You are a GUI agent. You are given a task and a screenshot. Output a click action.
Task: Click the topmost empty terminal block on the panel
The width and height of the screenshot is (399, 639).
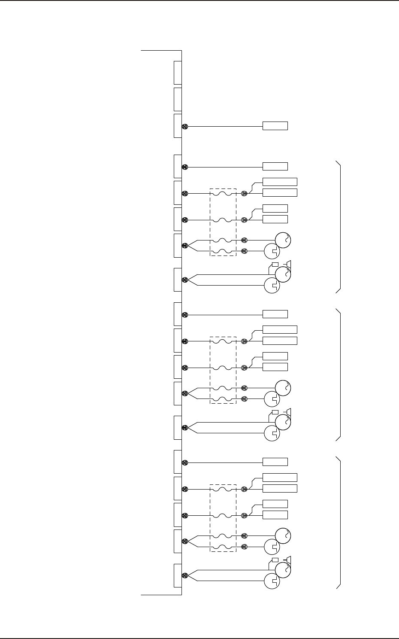click(178, 73)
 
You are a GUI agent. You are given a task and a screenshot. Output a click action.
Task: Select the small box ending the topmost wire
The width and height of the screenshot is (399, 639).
click(275, 126)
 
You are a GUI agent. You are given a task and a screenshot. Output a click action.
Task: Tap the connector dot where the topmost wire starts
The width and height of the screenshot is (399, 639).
click(185, 126)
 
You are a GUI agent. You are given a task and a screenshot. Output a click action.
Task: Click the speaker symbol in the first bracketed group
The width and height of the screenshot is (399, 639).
click(289, 264)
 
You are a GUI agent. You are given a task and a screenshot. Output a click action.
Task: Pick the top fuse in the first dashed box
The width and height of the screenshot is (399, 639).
click(223, 194)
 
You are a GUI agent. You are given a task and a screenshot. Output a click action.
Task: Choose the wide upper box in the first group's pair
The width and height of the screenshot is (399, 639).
click(279, 181)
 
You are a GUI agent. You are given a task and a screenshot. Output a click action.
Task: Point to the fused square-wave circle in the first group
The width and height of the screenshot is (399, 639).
click(272, 251)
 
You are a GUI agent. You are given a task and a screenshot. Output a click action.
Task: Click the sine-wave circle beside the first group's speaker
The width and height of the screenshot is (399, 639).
click(283, 274)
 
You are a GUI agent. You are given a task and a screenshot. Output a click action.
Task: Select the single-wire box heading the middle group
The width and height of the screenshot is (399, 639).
click(275, 314)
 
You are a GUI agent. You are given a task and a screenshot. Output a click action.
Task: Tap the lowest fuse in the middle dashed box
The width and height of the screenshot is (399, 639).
click(223, 399)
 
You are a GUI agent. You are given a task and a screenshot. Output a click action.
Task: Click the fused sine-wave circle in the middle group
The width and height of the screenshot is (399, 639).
click(283, 388)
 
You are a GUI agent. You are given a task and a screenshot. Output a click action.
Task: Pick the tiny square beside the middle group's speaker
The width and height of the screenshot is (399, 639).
click(275, 412)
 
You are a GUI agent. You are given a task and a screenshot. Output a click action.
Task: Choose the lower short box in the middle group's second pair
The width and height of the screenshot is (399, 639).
click(275, 367)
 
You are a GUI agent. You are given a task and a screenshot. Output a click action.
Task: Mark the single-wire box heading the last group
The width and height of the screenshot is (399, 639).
click(275, 462)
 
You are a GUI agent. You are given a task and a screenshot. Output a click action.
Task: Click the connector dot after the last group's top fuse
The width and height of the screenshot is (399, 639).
click(244, 489)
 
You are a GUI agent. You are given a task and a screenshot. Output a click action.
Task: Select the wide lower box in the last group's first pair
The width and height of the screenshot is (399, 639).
click(279, 488)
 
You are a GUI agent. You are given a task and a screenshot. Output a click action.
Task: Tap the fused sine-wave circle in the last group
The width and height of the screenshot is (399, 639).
click(283, 536)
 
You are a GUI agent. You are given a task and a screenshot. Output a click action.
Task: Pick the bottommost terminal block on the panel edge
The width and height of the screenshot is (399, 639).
click(178, 575)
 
